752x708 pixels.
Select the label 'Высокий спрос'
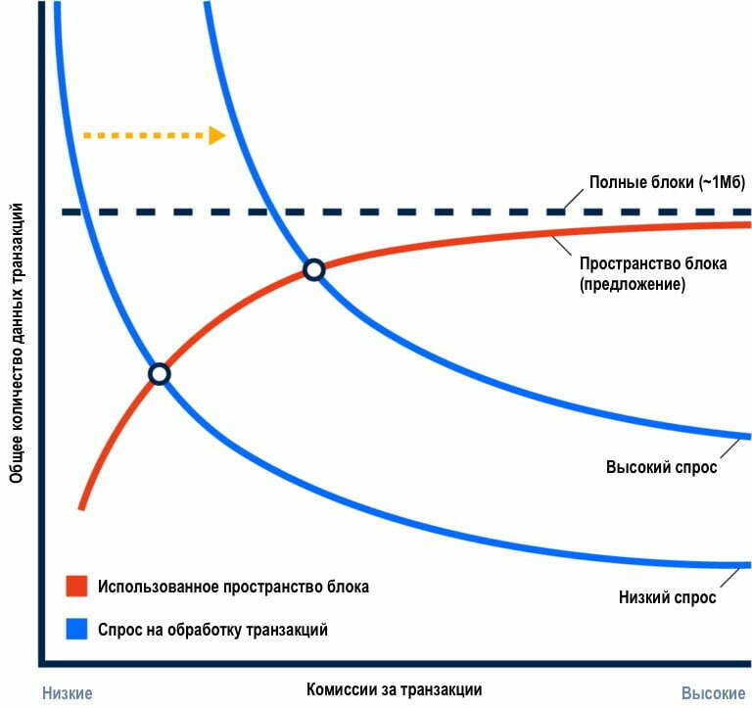coord(662,467)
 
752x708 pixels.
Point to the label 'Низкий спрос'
coord(668,595)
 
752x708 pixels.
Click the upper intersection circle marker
coord(313,269)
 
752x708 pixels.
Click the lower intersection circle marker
coord(159,373)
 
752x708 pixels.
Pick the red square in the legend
coord(74,587)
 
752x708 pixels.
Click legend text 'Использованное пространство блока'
coord(233,587)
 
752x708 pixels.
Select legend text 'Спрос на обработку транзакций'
coord(212,630)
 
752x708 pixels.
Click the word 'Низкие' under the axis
coord(67,693)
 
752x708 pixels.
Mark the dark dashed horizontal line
coord(392,212)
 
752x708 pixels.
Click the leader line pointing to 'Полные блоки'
coord(572,199)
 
